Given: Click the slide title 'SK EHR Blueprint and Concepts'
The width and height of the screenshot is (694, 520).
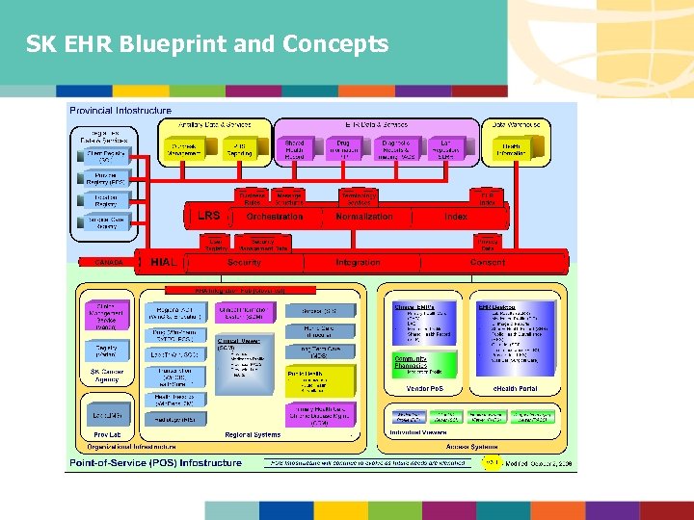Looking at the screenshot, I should coord(207,44).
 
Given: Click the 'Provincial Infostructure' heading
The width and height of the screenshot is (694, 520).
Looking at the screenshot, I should coord(120,112).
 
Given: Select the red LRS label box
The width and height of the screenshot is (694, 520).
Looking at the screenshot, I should coord(208,217).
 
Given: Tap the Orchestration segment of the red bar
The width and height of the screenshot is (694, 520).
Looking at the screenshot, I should coord(275,217).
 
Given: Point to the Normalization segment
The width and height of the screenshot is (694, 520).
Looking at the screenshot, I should coord(364,217).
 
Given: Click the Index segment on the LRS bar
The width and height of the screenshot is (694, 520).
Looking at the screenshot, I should coord(456,217).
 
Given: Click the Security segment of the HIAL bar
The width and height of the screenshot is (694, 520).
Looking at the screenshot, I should coord(244,262).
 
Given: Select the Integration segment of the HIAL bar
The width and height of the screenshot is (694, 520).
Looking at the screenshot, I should coord(358,262).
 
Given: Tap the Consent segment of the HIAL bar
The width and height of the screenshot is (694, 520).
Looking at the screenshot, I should coord(487,262).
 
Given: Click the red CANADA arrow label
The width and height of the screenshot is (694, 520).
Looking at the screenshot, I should coord(108,262).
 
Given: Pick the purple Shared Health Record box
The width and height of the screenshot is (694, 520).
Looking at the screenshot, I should coord(294,149).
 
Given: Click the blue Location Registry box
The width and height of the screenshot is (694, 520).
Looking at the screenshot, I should coord(105,200).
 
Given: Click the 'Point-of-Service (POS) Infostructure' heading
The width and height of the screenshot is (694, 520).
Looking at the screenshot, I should coord(154,462).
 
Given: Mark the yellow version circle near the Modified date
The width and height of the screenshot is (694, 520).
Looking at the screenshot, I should coord(492,462).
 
